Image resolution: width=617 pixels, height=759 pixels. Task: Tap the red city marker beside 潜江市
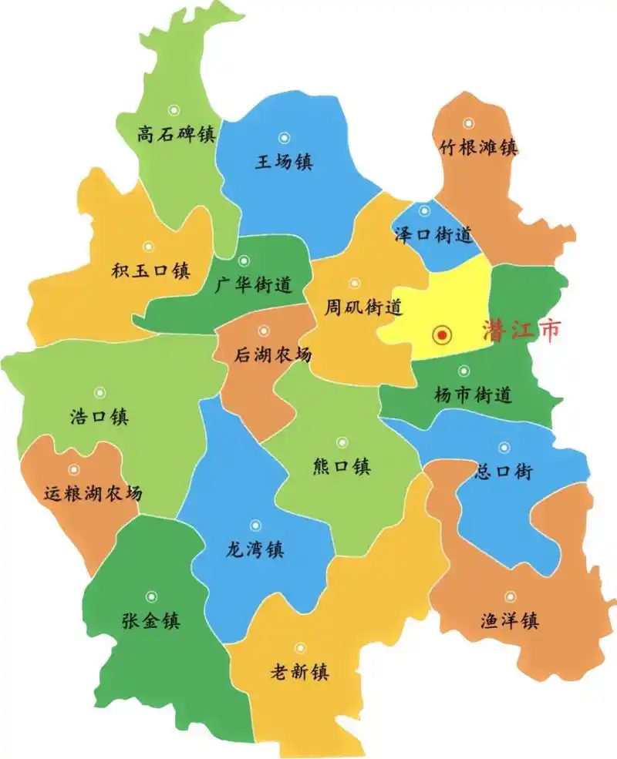pos(441,334)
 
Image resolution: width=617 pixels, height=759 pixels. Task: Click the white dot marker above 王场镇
pos(284,138)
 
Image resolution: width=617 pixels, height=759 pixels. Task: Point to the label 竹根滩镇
pos(478,147)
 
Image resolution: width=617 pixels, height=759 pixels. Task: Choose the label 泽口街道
pos(433,235)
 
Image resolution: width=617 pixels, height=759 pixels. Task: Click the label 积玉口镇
pos(150,270)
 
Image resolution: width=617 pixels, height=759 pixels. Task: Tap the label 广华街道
pos(253,285)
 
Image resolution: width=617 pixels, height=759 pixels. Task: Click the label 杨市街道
pos(473,395)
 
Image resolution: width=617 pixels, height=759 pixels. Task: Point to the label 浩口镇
pos(99,418)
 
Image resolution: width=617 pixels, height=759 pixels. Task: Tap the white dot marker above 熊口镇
pos(342,442)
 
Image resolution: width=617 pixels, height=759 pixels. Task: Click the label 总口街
pos(504,472)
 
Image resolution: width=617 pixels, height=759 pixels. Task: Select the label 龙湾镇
pos(255,550)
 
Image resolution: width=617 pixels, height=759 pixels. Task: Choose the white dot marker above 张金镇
pos(151,596)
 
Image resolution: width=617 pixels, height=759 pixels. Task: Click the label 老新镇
pos(299,672)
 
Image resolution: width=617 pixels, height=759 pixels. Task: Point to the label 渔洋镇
pos(508,620)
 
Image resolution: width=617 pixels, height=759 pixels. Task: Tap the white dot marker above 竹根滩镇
pos(469,123)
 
